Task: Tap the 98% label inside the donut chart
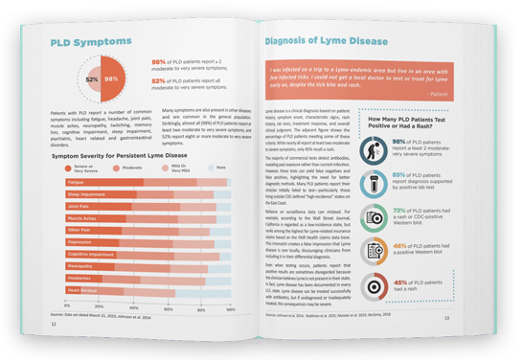tap(111, 79)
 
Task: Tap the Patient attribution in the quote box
tap(444, 97)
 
